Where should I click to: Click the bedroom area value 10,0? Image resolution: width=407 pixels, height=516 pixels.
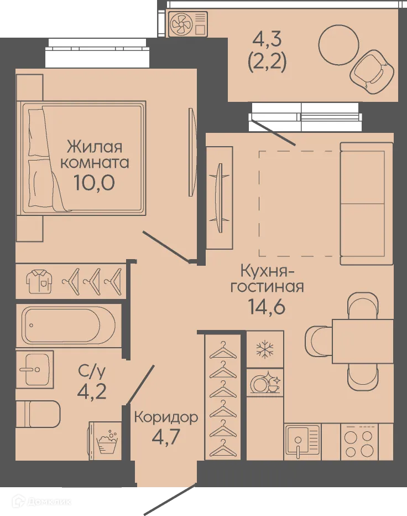95,182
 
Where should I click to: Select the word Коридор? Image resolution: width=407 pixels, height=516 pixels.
166,418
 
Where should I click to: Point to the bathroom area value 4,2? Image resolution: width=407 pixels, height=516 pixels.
92,391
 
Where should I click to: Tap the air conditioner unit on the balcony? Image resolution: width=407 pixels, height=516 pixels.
188,24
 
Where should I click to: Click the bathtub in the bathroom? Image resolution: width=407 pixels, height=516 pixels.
69,325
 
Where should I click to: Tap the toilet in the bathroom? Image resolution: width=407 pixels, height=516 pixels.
38,414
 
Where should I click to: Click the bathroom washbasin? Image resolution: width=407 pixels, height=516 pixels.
34,369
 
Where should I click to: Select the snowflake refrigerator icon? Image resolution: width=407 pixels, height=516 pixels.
265,348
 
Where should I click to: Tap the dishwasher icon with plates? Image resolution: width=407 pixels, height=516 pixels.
265,383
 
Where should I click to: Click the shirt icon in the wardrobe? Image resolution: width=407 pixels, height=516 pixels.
39,282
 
